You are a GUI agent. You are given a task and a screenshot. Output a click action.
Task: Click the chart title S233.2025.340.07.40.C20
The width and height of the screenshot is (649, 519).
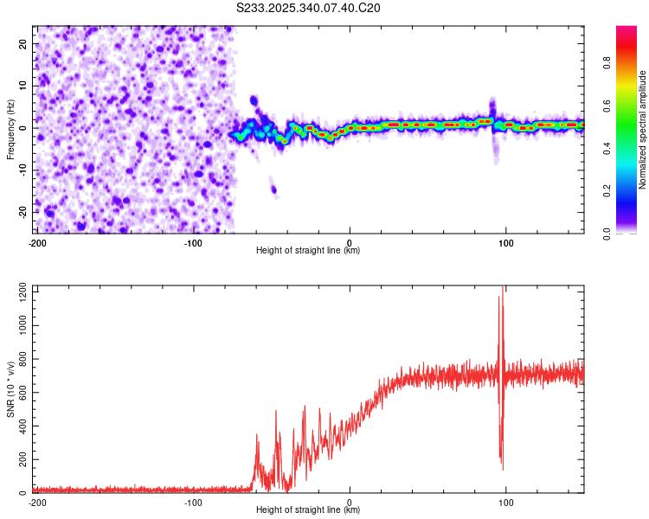[309, 8]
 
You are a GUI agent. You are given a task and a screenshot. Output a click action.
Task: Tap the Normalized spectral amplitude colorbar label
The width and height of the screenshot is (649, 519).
[643, 130]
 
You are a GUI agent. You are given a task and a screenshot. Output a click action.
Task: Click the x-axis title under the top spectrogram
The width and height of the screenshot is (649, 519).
[308, 251]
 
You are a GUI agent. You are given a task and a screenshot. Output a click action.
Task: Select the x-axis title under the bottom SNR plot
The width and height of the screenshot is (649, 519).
[308, 510]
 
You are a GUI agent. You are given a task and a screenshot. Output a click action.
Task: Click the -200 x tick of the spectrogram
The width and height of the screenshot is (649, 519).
[37, 242]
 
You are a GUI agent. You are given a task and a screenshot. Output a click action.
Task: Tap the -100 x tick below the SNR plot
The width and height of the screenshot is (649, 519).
[193, 502]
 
